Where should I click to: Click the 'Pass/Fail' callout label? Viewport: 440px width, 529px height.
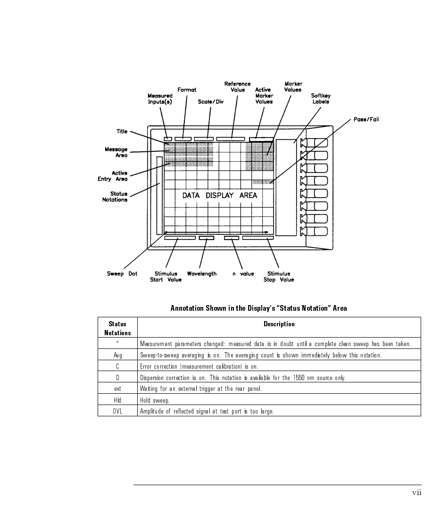[366, 120]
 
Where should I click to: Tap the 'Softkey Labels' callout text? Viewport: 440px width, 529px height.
[321, 99]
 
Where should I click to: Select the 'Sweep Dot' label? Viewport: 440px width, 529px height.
[122, 274]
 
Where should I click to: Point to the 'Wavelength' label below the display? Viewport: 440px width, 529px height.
[201, 274]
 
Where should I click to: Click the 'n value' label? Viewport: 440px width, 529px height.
[243, 274]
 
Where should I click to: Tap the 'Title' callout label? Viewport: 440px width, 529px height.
[122, 132]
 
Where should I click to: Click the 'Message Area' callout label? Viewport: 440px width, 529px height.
[116, 152]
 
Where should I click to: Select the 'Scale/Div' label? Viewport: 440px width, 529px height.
[210, 101]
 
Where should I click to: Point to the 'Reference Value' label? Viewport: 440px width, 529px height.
[237, 87]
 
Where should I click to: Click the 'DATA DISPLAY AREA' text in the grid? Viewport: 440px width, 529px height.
[220, 195]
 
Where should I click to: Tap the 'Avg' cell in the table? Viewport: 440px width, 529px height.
[117, 355]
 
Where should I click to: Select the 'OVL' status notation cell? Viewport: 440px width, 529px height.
[117, 411]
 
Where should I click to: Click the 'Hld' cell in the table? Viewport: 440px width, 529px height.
[117, 400]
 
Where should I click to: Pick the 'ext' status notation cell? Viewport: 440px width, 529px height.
[117, 388]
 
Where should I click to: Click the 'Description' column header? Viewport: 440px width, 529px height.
[279, 324]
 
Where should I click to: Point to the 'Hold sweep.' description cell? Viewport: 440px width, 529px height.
[154, 400]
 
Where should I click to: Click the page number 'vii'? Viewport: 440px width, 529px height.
[416, 493]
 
